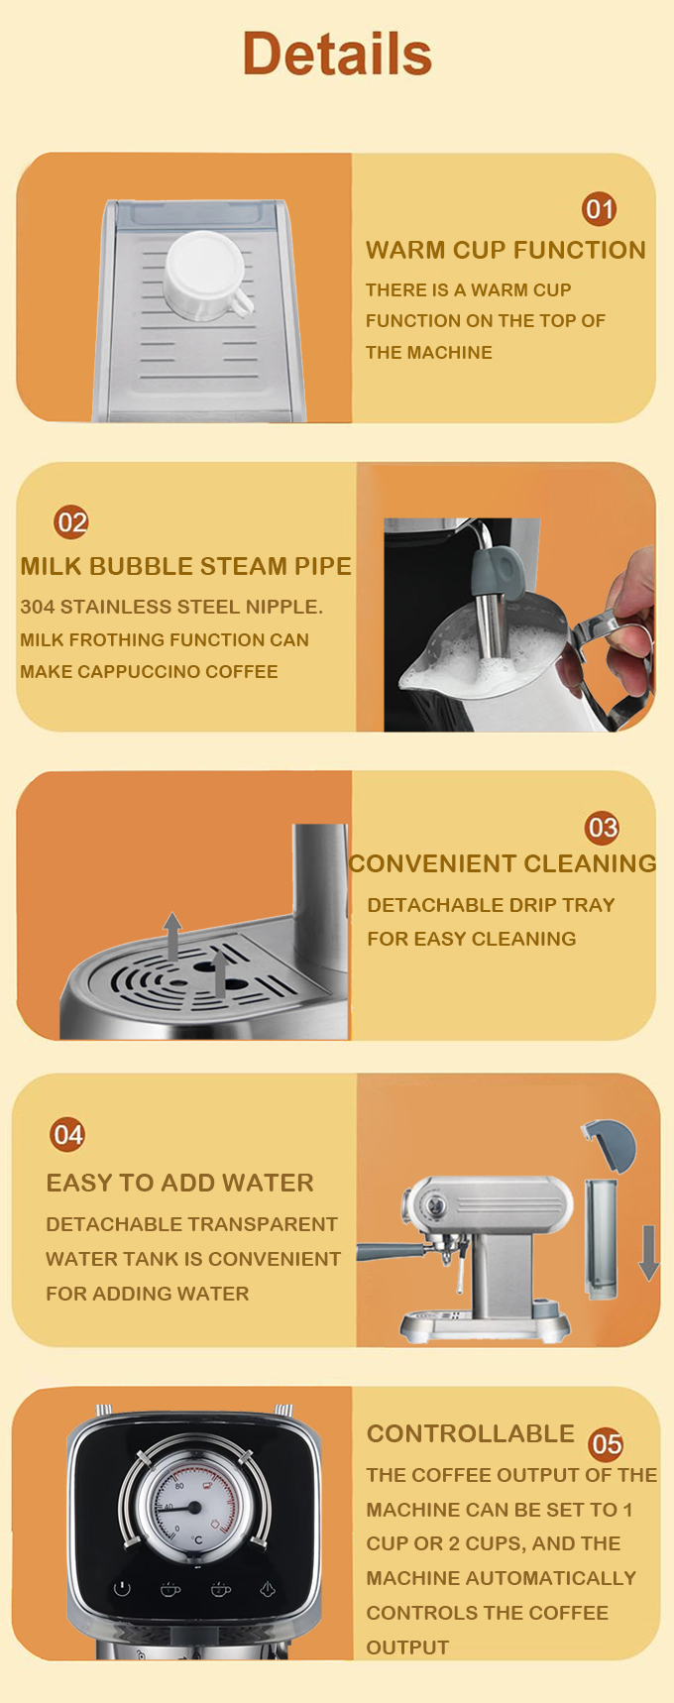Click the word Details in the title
coord(337,54)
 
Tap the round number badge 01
coord(600,209)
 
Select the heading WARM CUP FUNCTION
coord(505,250)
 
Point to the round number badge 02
coord(71,522)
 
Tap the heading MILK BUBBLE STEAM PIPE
coord(186,566)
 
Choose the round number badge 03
coord(603,828)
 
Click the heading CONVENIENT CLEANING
coord(503,863)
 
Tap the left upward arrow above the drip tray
coord(173,936)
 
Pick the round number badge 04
coord(67,1134)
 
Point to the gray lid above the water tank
coord(609,1145)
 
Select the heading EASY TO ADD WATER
coord(179,1183)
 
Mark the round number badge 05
coord(606,1444)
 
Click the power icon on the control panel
coord(122,1589)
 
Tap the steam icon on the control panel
coord(267,1589)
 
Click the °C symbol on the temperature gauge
coord(196,1540)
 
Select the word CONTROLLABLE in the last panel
coord(471,1433)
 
